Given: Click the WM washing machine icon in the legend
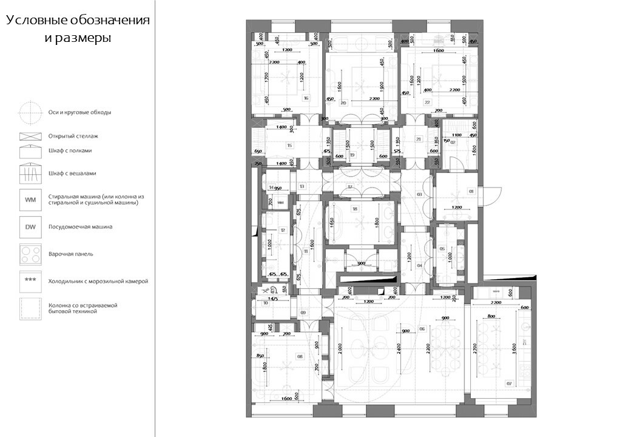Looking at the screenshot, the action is (29, 199).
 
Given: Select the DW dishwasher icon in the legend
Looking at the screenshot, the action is (29, 227).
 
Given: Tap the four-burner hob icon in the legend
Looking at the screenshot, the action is (29, 254).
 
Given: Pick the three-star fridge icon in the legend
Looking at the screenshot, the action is (29, 281).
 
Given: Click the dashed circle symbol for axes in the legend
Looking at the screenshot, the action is (29, 112).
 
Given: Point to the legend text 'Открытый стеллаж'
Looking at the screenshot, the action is (73, 136).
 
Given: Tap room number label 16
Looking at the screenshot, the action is (305, 98).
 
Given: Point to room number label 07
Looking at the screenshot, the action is (508, 383).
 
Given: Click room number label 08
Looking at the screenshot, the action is (299, 356).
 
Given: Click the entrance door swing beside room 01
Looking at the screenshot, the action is (493, 195).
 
